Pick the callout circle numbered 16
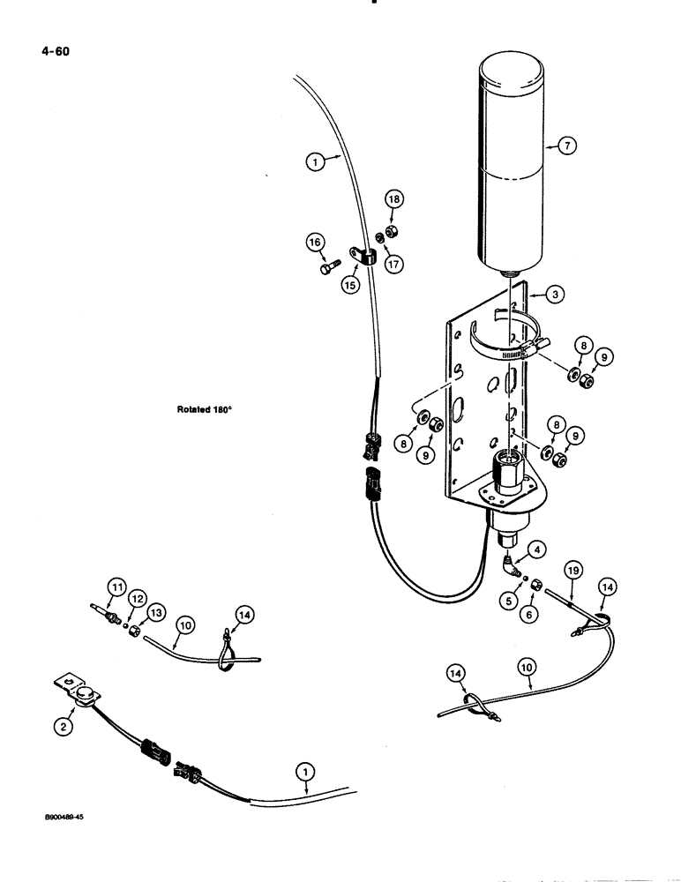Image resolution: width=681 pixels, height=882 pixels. coord(314,243)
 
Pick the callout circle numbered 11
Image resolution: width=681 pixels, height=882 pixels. coord(116,585)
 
